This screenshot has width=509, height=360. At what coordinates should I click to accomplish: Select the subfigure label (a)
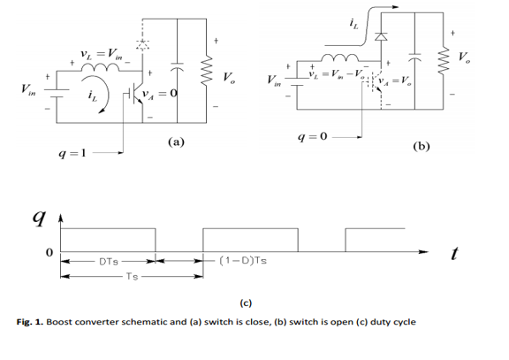click(x=174, y=142)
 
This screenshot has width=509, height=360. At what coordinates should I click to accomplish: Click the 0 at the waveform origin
click(x=37, y=254)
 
